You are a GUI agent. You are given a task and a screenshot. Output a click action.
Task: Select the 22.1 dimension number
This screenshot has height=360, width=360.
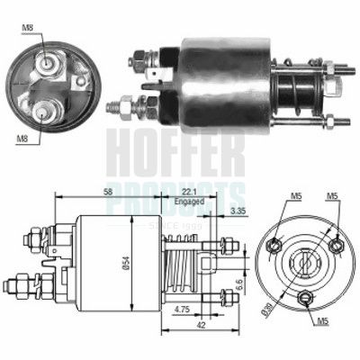[x=187, y=191]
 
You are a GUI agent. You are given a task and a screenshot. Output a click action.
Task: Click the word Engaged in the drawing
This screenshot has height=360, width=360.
[x=188, y=202]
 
